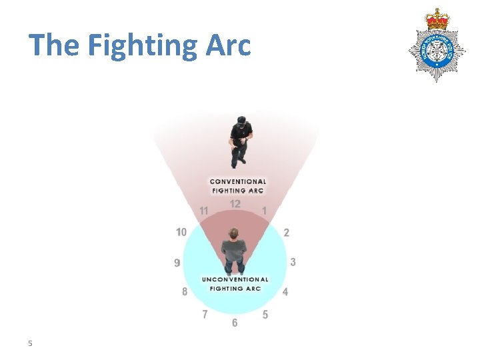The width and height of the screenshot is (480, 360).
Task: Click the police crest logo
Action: pos(437,44)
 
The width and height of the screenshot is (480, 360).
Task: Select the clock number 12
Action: pos(235,204)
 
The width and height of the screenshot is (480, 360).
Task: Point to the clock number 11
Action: pos(204,211)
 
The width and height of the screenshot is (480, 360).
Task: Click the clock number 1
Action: pos(264,211)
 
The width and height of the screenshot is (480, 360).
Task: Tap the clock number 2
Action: pos(286,233)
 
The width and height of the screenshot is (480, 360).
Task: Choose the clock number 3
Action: pos(293,262)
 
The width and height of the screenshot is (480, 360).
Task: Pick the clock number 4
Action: pos(285,292)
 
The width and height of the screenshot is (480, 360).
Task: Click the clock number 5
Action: pos(265,315)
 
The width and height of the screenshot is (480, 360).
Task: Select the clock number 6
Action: pos(235,323)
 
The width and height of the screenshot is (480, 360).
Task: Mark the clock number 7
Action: pos(205,314)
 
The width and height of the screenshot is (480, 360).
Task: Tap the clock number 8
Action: pos(185,292)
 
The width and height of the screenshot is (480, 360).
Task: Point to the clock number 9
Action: pos(177,263)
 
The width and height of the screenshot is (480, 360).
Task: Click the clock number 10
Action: pos(181,232)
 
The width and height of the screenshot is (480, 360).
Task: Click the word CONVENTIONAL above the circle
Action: pos(238,181)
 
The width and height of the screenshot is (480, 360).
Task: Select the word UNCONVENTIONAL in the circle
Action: pos(235,279)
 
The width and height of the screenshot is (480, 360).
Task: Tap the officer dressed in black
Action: pos(239,141)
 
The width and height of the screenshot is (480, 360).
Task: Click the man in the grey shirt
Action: pos(234,251)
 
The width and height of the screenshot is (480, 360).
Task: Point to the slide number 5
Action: pos(30,343)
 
